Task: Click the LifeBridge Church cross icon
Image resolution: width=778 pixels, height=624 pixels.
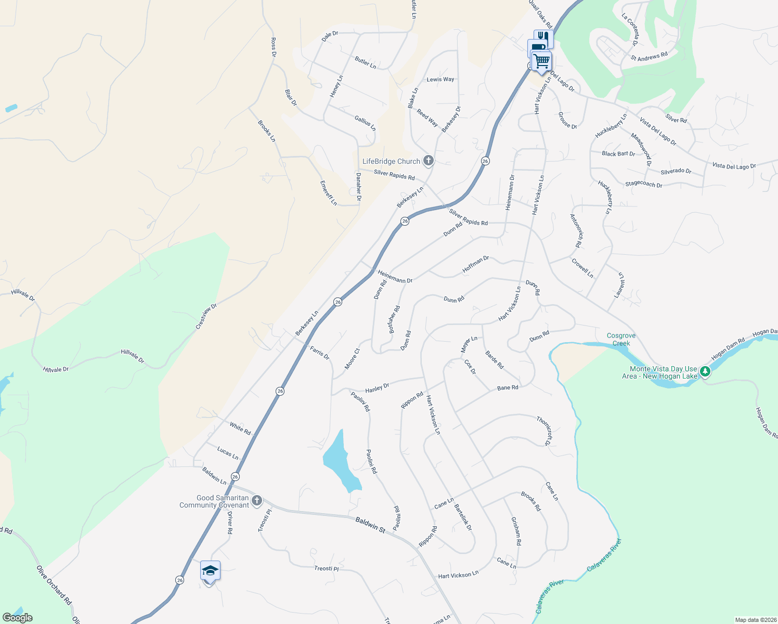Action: [428, 161]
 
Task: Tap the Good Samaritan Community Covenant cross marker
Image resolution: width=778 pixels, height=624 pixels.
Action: [256, 501]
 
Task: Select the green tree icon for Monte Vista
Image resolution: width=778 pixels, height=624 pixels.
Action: [705, 371]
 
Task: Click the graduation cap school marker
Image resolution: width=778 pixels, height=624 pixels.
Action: [210, 571]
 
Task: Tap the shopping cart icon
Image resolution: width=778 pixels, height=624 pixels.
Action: [542, 61]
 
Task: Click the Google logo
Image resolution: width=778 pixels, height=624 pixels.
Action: [17, 618]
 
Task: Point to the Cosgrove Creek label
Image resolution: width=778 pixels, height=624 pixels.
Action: [621, 340]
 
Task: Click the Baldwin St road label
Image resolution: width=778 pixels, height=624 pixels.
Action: [370, 524]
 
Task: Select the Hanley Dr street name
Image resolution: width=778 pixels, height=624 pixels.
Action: [377, 388]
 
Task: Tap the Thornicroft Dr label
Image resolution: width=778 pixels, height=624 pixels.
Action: [544, 431]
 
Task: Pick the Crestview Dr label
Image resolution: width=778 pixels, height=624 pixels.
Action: [206, 317]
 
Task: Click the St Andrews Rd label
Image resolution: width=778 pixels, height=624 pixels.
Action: [649, 56]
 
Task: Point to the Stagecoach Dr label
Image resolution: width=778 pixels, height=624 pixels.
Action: [643, 184]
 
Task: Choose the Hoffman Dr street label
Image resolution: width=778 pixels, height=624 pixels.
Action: [476, 265]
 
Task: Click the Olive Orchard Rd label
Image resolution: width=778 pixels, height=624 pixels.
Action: [54, 585]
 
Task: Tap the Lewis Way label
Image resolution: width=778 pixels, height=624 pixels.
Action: [440, 80]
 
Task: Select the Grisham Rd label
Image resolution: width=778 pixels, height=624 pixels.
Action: [516, 530]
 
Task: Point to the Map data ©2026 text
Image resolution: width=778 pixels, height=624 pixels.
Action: [755, 620]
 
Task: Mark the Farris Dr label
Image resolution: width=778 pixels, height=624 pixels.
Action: [319, 353]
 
